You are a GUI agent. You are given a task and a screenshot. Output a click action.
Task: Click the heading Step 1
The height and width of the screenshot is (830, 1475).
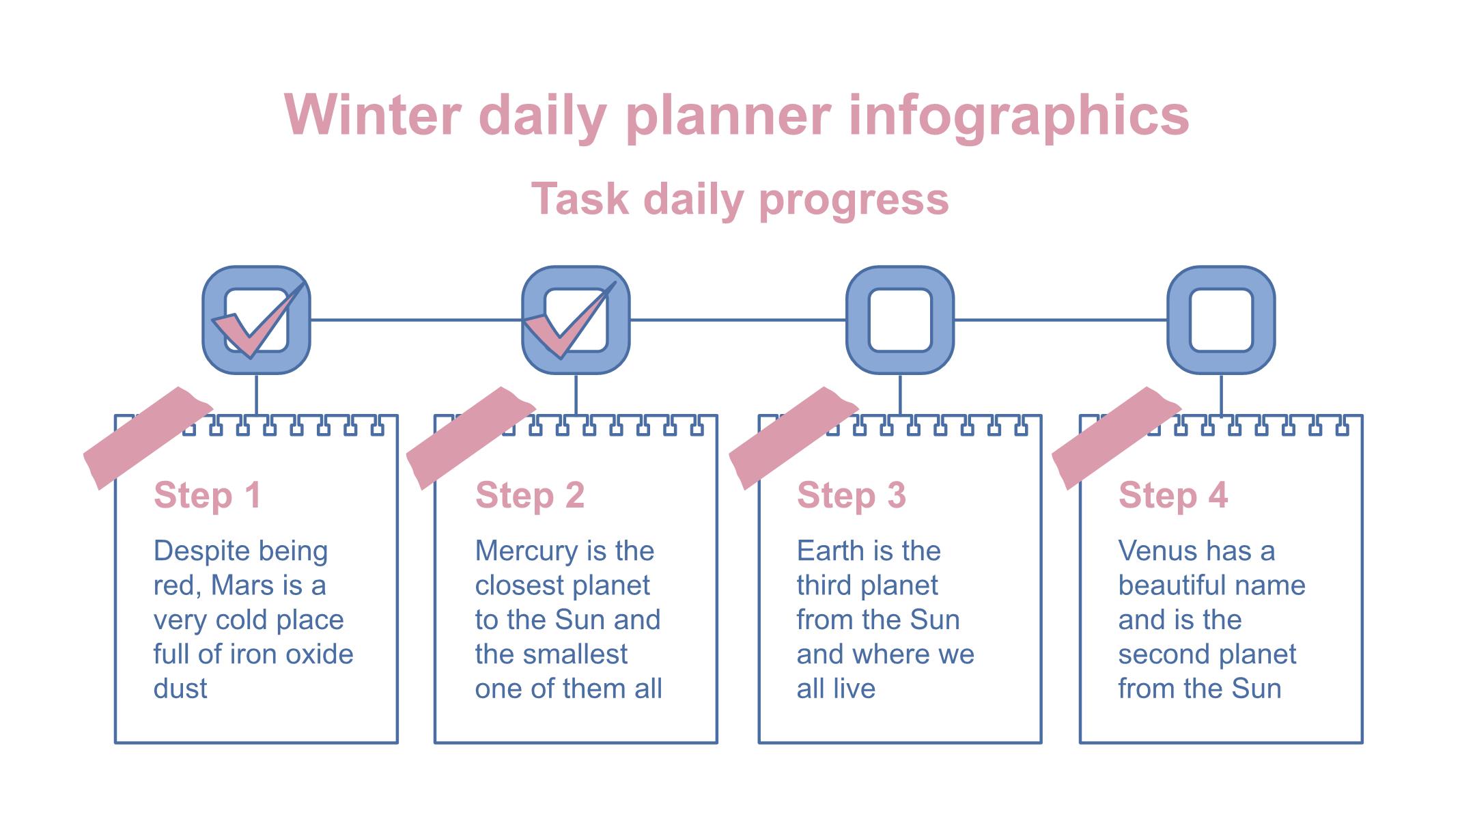point(208,495)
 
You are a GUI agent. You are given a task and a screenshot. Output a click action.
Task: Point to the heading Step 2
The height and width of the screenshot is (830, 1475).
point(530,495)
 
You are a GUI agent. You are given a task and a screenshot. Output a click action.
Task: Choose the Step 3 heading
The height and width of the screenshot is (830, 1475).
point(852,495)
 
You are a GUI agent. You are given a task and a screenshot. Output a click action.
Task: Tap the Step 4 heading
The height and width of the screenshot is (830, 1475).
point(1173,495)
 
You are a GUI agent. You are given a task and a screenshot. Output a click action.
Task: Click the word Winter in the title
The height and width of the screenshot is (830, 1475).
point(373,115)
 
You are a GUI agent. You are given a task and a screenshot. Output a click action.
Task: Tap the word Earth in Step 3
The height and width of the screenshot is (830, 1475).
point(830,551)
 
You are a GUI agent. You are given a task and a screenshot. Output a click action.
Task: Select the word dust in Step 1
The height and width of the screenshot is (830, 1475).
point(180,689)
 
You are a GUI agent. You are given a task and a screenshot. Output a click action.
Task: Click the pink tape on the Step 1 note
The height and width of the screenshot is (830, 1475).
point(148,437)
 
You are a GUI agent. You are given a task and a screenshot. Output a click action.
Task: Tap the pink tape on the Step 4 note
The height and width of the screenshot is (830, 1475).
point(1116,437)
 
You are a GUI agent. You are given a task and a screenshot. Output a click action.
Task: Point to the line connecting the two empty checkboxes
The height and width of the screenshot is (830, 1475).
point(1060,320)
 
